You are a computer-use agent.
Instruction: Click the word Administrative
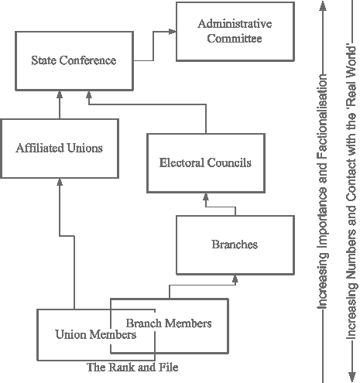(x=235, y=24)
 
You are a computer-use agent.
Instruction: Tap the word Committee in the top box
(x=235, y=39)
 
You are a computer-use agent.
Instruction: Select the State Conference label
(x=74, y=60)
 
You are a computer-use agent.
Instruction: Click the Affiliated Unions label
(x=60, y=148)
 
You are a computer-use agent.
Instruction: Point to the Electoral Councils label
(x=205, y=162)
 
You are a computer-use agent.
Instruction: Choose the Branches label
(x=235, y=245)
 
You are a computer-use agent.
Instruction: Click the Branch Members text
(x=169, y=323)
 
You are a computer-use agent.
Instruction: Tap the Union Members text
(x=96, y=334)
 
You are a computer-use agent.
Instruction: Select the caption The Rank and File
(x=132, y=368)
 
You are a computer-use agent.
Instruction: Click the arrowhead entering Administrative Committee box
(x=173, y=32)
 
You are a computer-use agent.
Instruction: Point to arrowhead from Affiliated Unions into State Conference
(x=60, y=94)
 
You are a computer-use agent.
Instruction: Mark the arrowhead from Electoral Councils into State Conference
(x=89, y=94)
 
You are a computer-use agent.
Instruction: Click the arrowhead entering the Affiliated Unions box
(x=60, y=182)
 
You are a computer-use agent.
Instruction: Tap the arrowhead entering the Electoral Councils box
(x=206, y=197)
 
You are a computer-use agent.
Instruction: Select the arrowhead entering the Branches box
(x=235, y=279)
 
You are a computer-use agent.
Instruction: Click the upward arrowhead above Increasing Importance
(x=323, y=5)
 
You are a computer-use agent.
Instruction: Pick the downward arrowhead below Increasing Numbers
(x=352, y=378)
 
